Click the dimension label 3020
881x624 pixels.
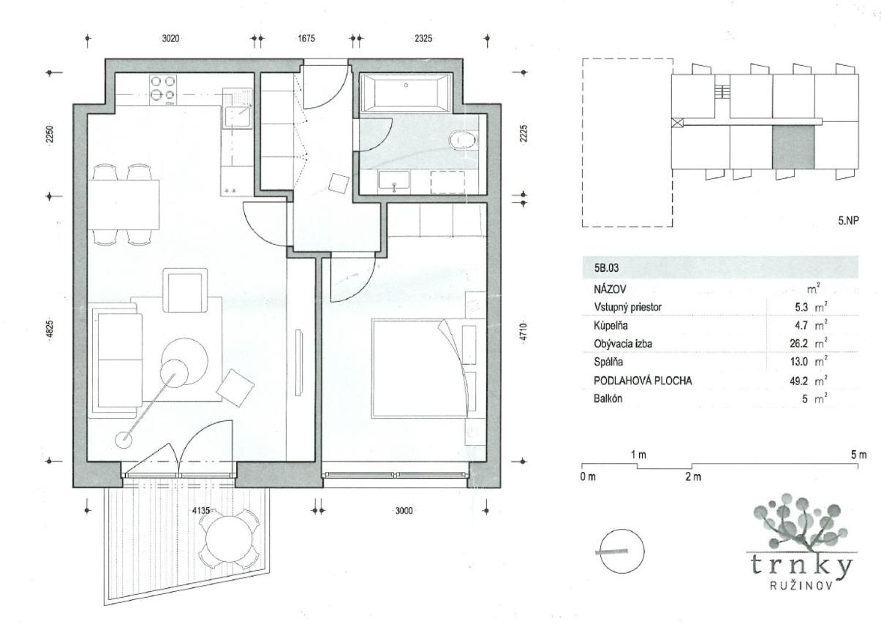click(x=170, y=38)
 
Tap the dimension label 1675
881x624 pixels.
click(x=306, y=38)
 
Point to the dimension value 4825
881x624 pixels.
click(x=50, y=330)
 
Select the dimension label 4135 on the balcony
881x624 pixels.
click(x=200, y=511)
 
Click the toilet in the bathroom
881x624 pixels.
click(x=464, y=140)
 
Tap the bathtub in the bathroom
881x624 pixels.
click(x=407, y=93)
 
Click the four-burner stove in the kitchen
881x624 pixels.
click(x=163, y=89)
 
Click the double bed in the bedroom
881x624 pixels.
click(x=419, y=368)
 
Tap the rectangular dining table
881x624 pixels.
click(x=123, y=205)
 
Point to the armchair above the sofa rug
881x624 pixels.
click(x=185, y=290)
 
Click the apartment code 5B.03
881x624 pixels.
click(x=606, y=268)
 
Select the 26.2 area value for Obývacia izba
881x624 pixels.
click(x=799, y=343)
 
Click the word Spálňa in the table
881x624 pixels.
click(x=608, y=362)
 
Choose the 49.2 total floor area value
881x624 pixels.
click(x=799, y=381)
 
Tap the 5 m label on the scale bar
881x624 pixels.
click(x=859, y=454)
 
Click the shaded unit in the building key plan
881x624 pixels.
click(x=793, y=148)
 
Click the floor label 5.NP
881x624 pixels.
click(x=848, y=221)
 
